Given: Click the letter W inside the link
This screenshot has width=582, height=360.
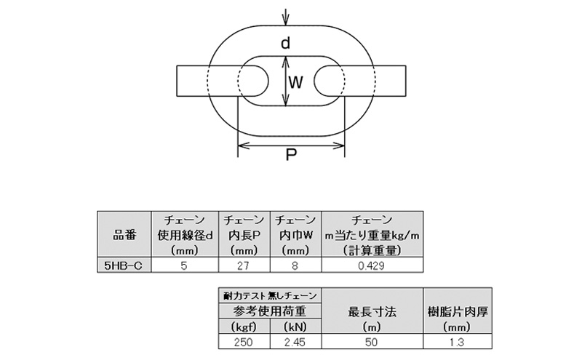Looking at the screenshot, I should pos(295,82).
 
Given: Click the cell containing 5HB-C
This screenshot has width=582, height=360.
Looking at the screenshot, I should pos(124,266).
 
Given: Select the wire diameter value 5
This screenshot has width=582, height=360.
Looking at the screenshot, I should pos(185,266).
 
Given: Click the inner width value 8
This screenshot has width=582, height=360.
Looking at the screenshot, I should pos(295,266).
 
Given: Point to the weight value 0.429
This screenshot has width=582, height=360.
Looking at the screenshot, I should pos(372,266).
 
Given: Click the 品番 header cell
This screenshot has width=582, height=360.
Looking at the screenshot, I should pos(124,235).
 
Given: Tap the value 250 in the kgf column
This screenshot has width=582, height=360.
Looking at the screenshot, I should pos(244,341).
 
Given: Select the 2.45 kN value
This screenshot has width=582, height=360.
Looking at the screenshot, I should pos(295,341).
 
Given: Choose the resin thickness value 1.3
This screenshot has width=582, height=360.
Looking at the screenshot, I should pos(455,341).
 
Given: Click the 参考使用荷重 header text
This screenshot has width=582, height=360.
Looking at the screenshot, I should pos(269,311).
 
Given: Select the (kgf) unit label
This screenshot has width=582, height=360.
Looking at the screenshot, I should pos(244,326).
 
